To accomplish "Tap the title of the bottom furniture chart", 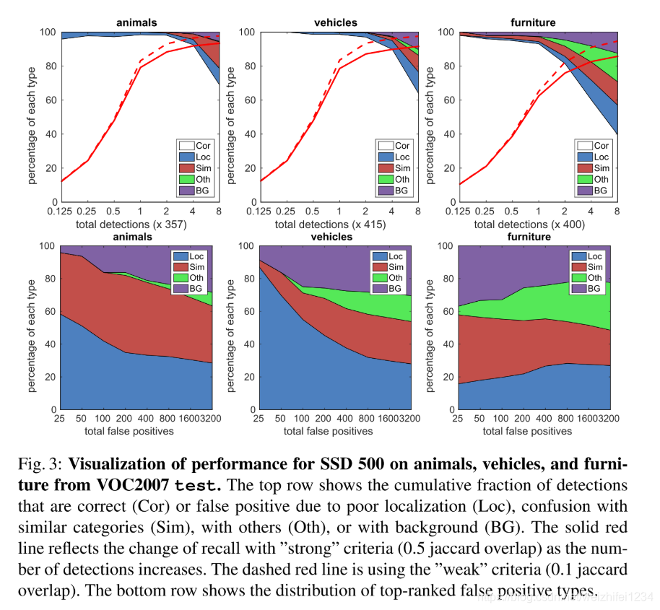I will point(529,237).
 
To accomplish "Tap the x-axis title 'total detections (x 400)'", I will point(529,225).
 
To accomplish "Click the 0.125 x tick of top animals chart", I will point(62,212).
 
